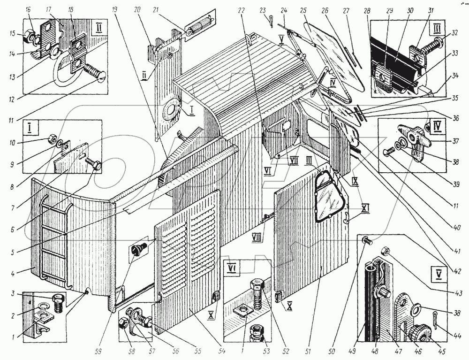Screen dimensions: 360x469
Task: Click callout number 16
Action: tap(28, 9)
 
